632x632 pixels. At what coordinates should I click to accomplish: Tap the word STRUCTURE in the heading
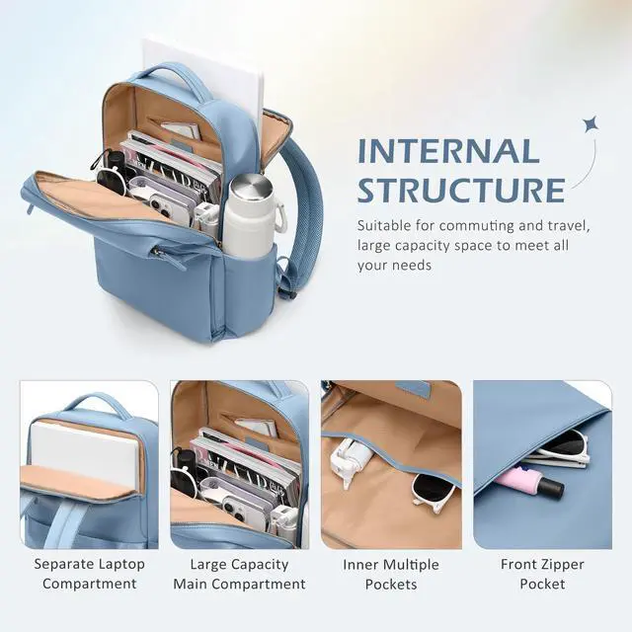[x=460, y=189]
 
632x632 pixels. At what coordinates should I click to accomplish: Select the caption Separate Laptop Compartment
[x=89, y=574]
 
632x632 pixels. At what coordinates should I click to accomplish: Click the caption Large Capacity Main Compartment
[x=239, y=574]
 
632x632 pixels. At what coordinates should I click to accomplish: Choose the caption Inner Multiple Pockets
[x=391, y=574]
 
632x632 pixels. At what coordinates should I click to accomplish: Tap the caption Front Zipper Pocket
[x=542, y=574]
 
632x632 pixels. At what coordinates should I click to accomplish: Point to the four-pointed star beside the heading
[x=590, y=124]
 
